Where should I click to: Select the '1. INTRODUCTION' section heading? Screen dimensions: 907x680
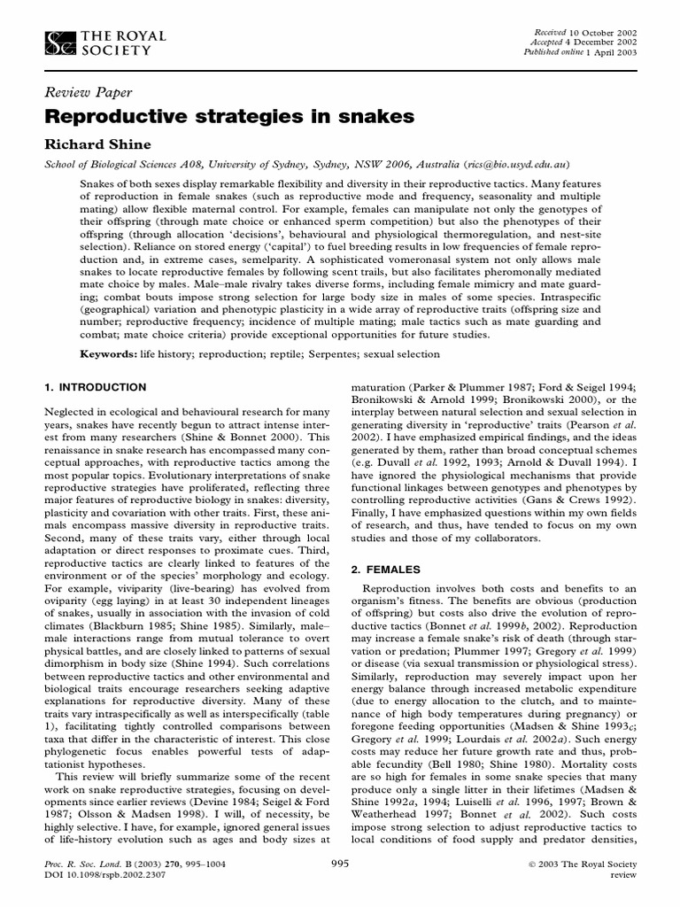point(95,388)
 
